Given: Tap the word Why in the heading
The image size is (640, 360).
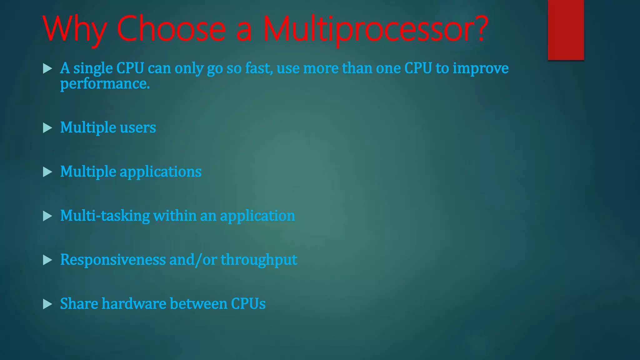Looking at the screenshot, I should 75,30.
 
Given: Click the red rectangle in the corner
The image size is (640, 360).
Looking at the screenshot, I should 566,30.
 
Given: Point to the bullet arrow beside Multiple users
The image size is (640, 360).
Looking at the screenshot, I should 47,128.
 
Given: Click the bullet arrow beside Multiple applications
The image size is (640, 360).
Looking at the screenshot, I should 47,172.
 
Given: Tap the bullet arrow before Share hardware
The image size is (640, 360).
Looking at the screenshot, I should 47,304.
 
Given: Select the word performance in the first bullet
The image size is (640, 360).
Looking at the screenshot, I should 105,84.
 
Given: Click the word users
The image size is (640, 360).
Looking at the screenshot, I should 138,127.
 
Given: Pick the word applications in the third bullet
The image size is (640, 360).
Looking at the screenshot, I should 161,172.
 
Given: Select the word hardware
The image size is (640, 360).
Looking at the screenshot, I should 134,304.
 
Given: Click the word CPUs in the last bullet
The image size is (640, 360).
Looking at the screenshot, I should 248,304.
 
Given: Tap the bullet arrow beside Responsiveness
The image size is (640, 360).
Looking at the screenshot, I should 47,260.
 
